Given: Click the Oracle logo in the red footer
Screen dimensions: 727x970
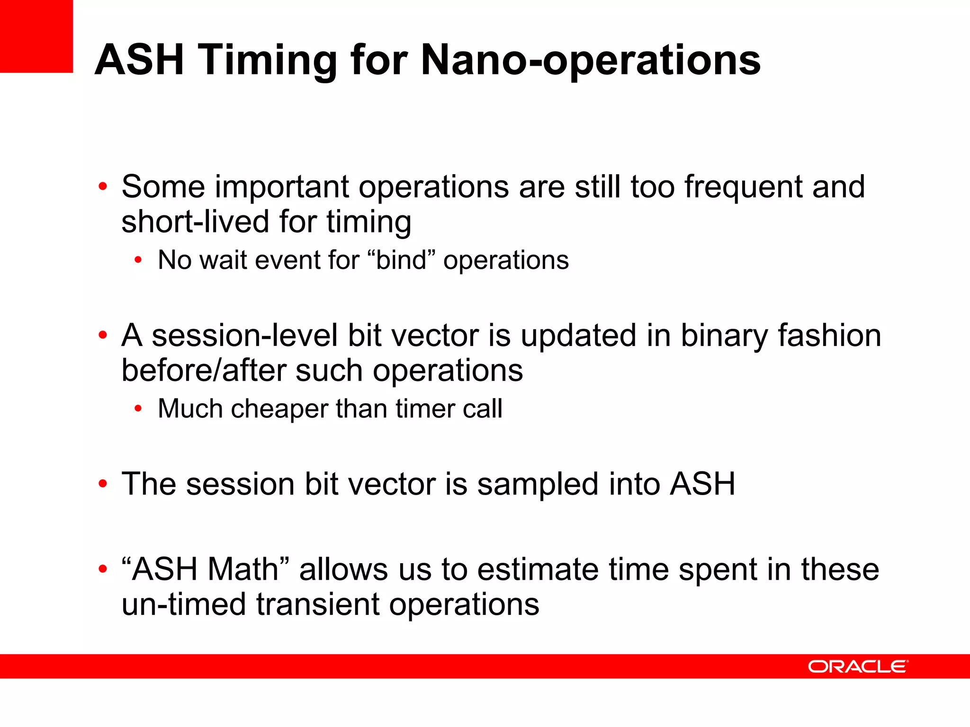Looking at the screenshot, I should pos(858,666).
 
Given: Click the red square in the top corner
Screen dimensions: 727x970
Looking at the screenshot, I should pos(36,36).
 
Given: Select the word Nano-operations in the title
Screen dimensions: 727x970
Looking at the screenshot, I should pos(590,60).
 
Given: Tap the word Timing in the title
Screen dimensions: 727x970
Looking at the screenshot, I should pos(268,60).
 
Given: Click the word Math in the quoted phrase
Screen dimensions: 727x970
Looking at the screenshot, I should pos(243,569).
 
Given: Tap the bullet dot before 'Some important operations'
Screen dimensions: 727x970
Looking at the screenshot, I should pos(103,187).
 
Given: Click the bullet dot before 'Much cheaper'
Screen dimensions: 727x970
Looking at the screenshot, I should pos(138,409).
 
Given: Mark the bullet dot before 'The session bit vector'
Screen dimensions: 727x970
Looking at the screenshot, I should pos(103,484).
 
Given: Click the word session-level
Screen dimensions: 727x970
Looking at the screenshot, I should pos(244,336).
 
